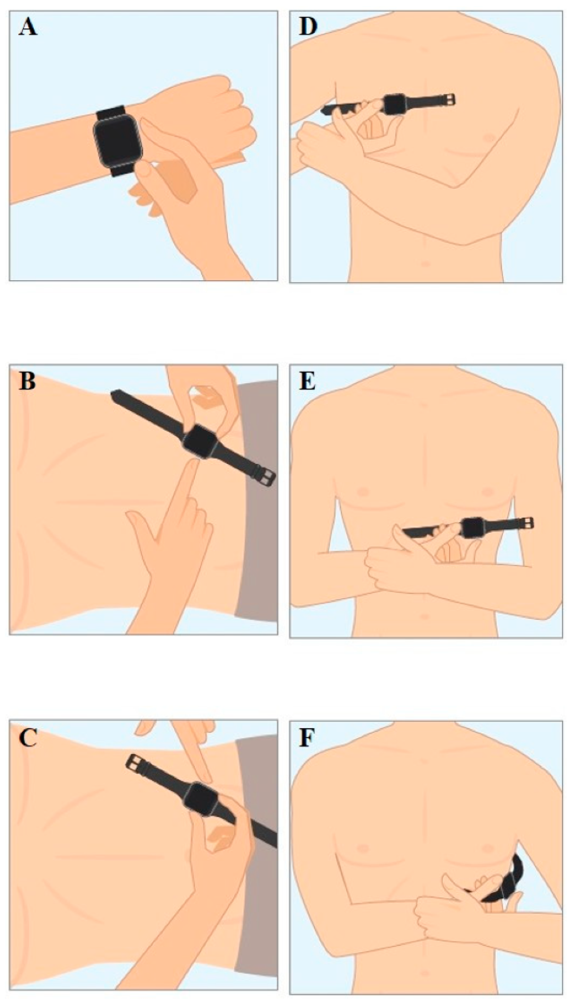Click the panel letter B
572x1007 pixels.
click(27, 381)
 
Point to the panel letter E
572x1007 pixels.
click(307, 381)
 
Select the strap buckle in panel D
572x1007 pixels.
click(449, 99)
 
